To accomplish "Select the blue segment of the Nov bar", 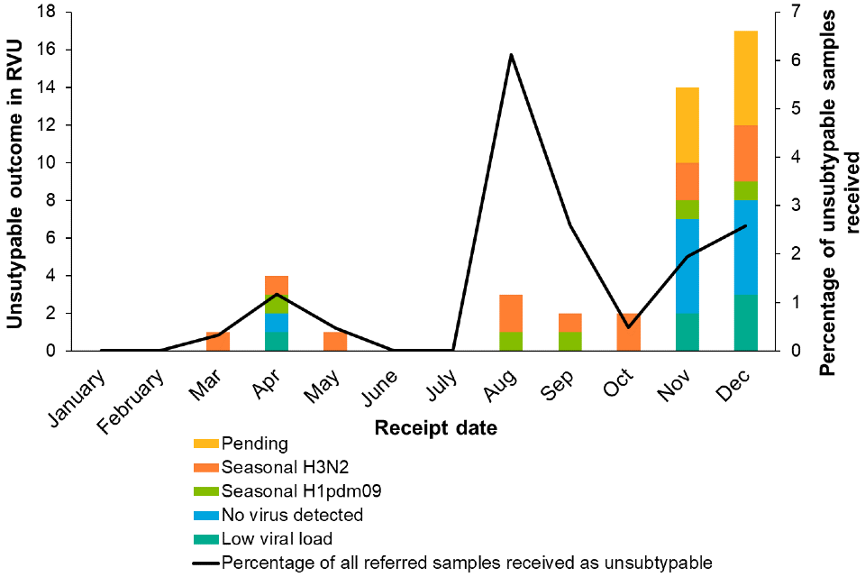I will tap(687, 266).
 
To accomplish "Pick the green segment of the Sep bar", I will tap(569, 341).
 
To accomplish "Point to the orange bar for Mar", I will tap(219, 341).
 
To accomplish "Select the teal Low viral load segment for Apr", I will tap(277, 341).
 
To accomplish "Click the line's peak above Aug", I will tap(511, 55).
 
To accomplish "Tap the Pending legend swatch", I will tap(205, 444).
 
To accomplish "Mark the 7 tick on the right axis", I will tap(792, 13).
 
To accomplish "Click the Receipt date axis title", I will tap(436, 427).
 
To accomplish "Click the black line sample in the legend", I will tap(205, 563).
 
